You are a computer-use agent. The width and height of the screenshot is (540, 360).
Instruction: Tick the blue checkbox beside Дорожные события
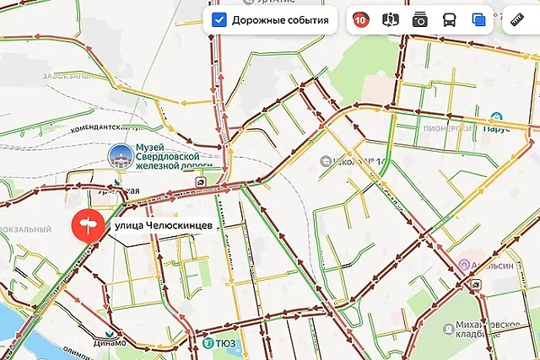(x=219, y=19)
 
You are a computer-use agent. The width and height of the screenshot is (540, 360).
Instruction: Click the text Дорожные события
(x=279, y=19)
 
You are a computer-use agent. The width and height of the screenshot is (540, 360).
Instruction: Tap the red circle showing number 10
(x=360, y=19)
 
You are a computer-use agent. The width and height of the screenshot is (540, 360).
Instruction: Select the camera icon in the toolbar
(x=419, y=19)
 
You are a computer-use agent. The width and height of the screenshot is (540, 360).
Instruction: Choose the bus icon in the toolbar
(x=450, y=19)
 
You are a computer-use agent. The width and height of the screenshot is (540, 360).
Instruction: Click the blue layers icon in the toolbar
(x=479, y=19)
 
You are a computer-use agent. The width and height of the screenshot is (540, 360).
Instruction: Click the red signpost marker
(x=87, y=225)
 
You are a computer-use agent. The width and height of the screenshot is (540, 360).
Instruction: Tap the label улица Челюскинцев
(x=157, y=226)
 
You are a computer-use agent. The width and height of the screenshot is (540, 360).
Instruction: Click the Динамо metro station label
(x=111, y=342)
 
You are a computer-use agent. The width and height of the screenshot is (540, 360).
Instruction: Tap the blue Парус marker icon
(x=497, y=117)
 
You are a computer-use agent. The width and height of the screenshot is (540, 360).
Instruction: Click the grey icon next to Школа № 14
(x=325, y=160)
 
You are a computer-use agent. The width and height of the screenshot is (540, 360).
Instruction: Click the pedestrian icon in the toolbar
(x=390, y=19)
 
